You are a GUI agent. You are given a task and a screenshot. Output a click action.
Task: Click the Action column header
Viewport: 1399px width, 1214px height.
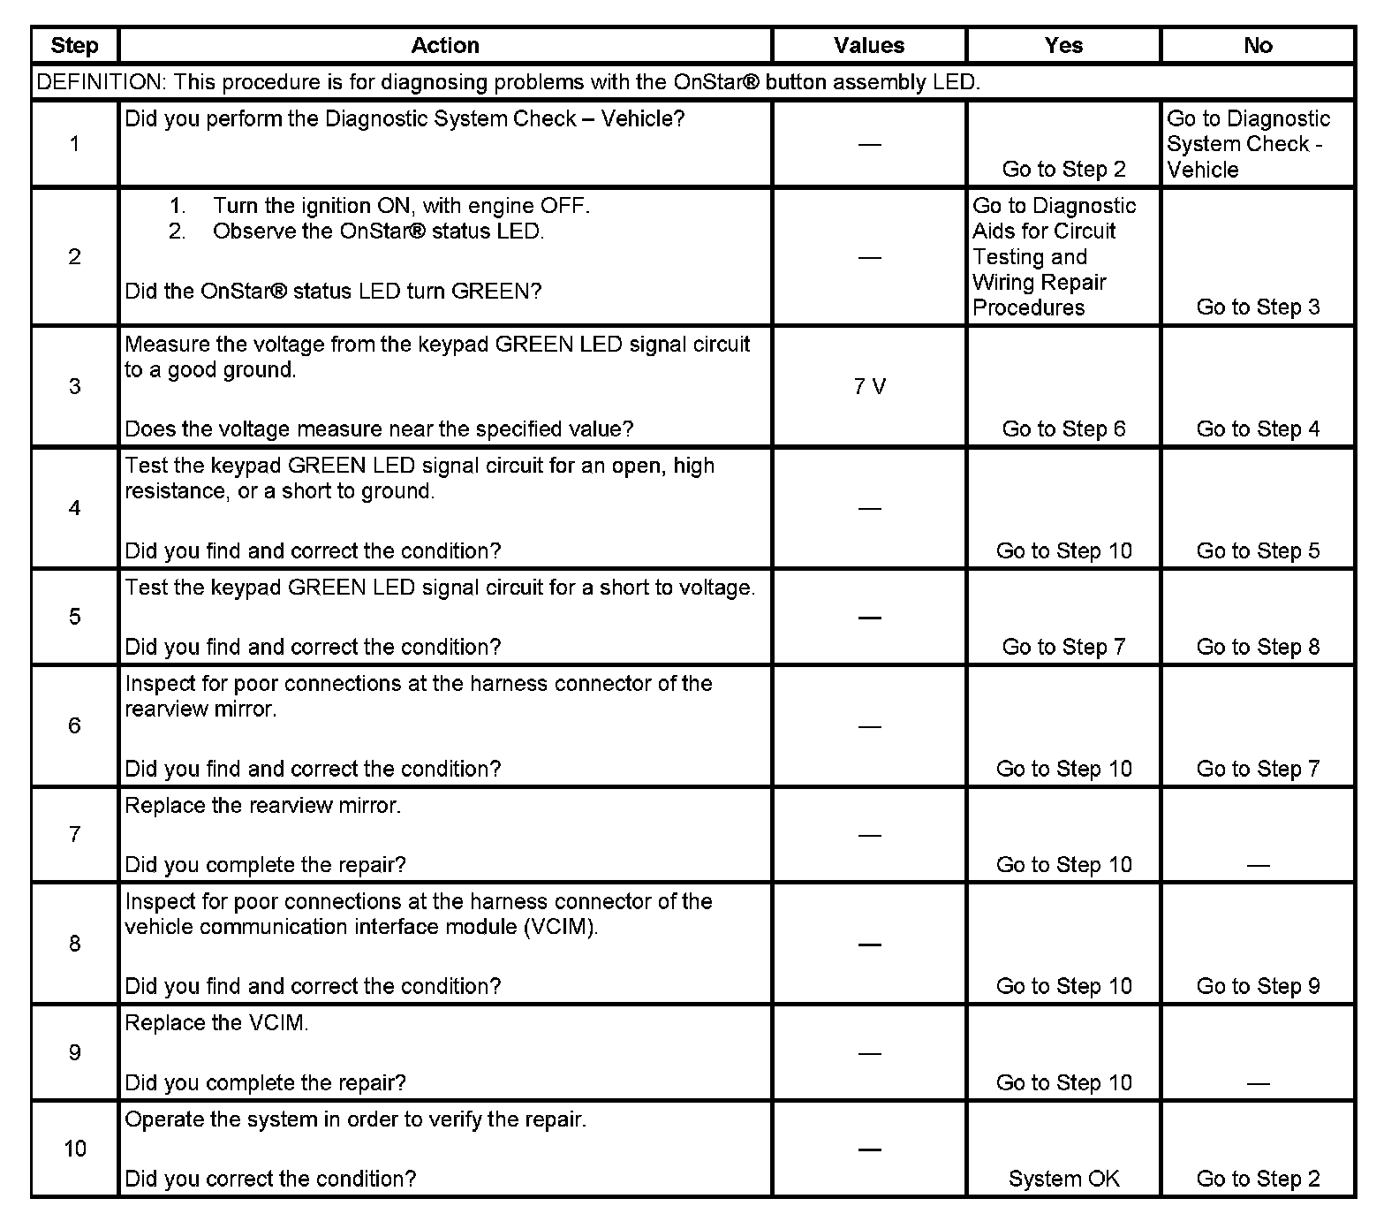tap(445, 46)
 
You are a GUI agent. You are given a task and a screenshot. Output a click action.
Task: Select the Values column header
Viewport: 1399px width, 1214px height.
tap(869, 46)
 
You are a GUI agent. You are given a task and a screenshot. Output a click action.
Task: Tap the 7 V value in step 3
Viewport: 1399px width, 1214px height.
tap(869, 387)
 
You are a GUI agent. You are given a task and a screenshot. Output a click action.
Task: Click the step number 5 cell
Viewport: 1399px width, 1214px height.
tap(75, 617)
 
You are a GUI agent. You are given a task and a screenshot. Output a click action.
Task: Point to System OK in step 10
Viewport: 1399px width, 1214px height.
tap(1063, 1179)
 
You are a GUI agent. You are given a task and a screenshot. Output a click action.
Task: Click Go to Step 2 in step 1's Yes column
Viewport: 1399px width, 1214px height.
tap(1063, 170)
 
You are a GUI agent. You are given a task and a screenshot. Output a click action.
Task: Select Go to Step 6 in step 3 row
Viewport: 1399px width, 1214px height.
tap(1063, 429)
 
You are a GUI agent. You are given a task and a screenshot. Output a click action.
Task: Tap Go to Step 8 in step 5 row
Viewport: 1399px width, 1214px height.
tap(1258, 647)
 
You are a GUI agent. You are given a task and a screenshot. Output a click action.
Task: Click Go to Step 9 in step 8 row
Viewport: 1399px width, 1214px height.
tap(1258, 986)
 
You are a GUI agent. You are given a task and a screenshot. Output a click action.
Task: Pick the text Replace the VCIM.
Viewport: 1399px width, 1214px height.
tap(216, 1023)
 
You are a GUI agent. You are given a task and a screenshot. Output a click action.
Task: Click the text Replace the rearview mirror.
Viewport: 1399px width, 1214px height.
tap(262, 806)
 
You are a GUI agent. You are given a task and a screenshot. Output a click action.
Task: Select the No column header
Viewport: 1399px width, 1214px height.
tap(1258, 46)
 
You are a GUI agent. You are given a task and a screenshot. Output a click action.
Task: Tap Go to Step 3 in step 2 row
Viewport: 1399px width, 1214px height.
tap(1258, 307)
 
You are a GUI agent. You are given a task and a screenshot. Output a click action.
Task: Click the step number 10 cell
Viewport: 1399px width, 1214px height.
tap(75, 1149)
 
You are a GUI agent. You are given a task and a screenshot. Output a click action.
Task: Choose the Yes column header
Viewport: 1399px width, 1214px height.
tap(1063, 46)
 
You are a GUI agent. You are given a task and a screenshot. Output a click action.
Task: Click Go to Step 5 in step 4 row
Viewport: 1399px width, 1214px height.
tap(1258, 551)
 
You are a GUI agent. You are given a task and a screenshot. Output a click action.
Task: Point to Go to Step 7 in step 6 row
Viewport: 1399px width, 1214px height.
tap(1258, 769)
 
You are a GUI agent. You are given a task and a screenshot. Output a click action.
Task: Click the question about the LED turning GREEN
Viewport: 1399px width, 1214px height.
tap(333, 292)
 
